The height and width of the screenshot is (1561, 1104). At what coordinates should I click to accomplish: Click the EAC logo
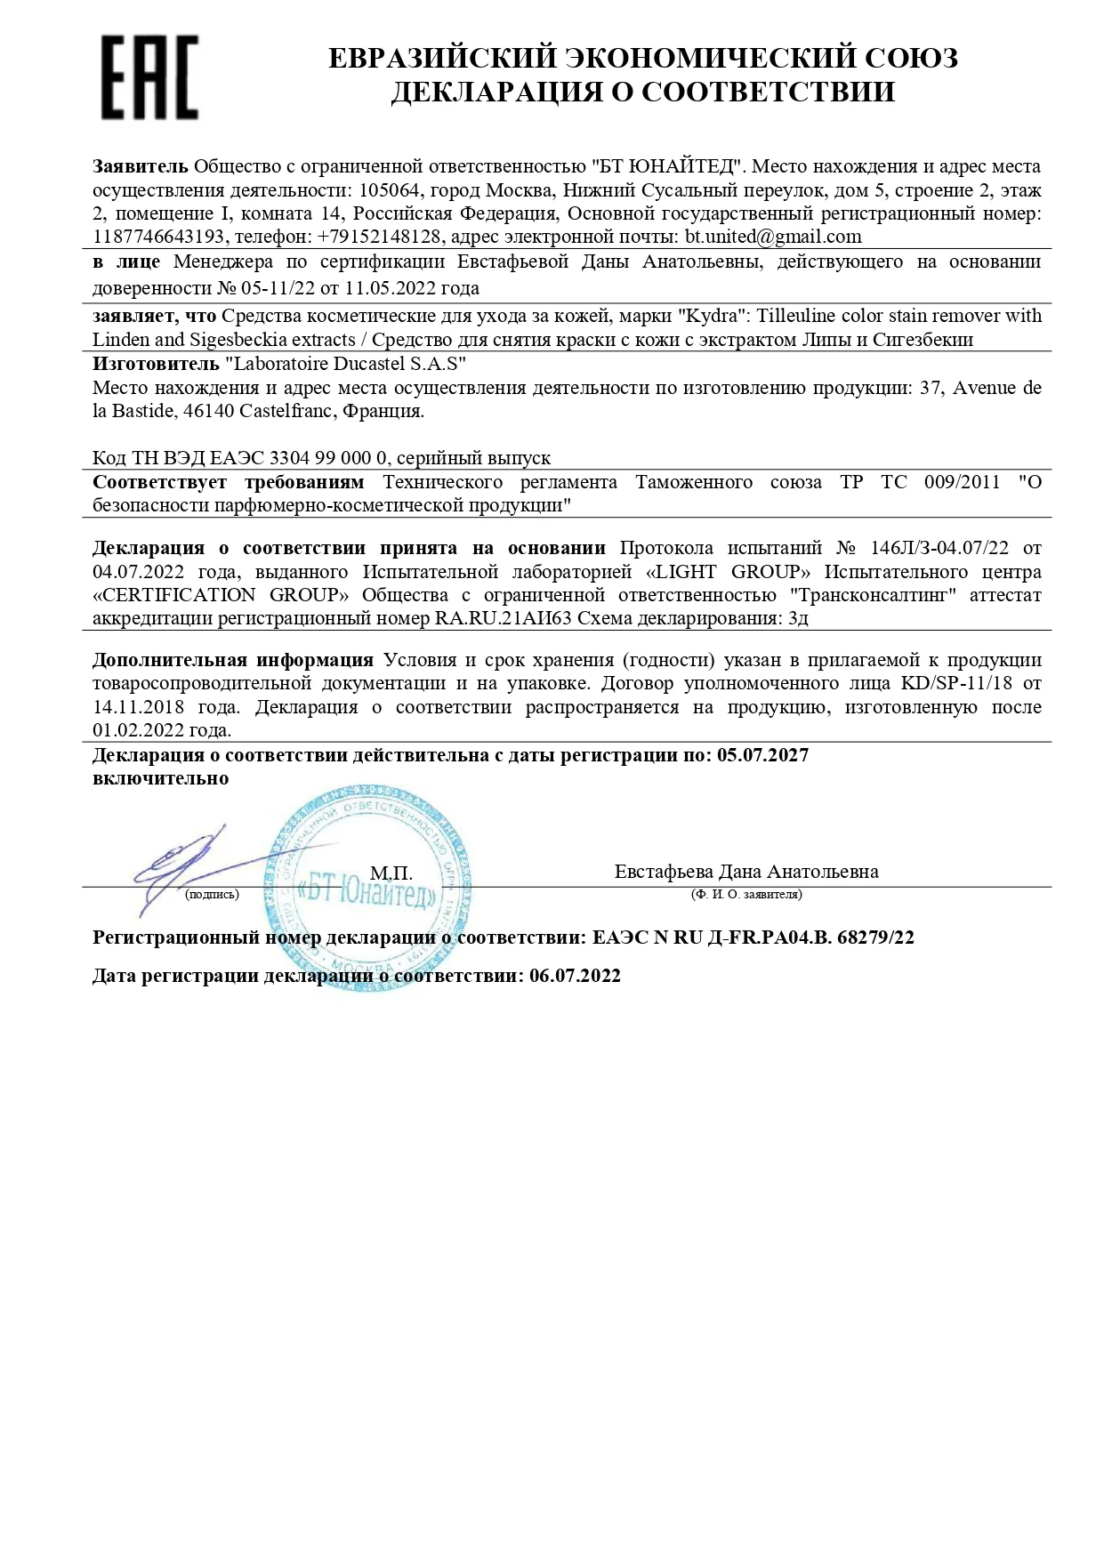[149, 77]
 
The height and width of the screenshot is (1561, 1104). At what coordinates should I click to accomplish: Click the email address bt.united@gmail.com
[773, 237]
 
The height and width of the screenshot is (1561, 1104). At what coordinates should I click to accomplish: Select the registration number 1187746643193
[158, 237]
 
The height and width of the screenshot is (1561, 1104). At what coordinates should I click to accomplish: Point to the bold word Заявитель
[140, 166]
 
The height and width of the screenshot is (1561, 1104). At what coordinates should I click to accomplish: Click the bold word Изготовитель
[156, 364]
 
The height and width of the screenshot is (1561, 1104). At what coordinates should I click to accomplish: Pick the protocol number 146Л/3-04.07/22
[923, 547]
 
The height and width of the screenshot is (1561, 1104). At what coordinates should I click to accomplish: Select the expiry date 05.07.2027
[762, 755]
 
